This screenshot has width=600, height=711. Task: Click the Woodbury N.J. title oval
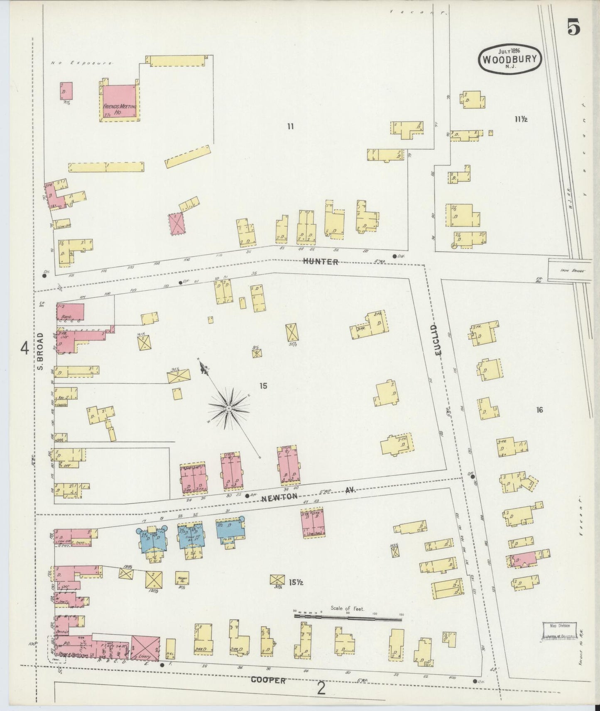510,59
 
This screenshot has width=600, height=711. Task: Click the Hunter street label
321,262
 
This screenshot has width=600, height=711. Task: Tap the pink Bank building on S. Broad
70,312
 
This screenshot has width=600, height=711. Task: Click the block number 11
290,127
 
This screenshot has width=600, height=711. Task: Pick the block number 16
539,410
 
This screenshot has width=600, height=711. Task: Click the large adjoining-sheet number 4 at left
24,348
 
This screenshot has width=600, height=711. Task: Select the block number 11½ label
521,119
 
